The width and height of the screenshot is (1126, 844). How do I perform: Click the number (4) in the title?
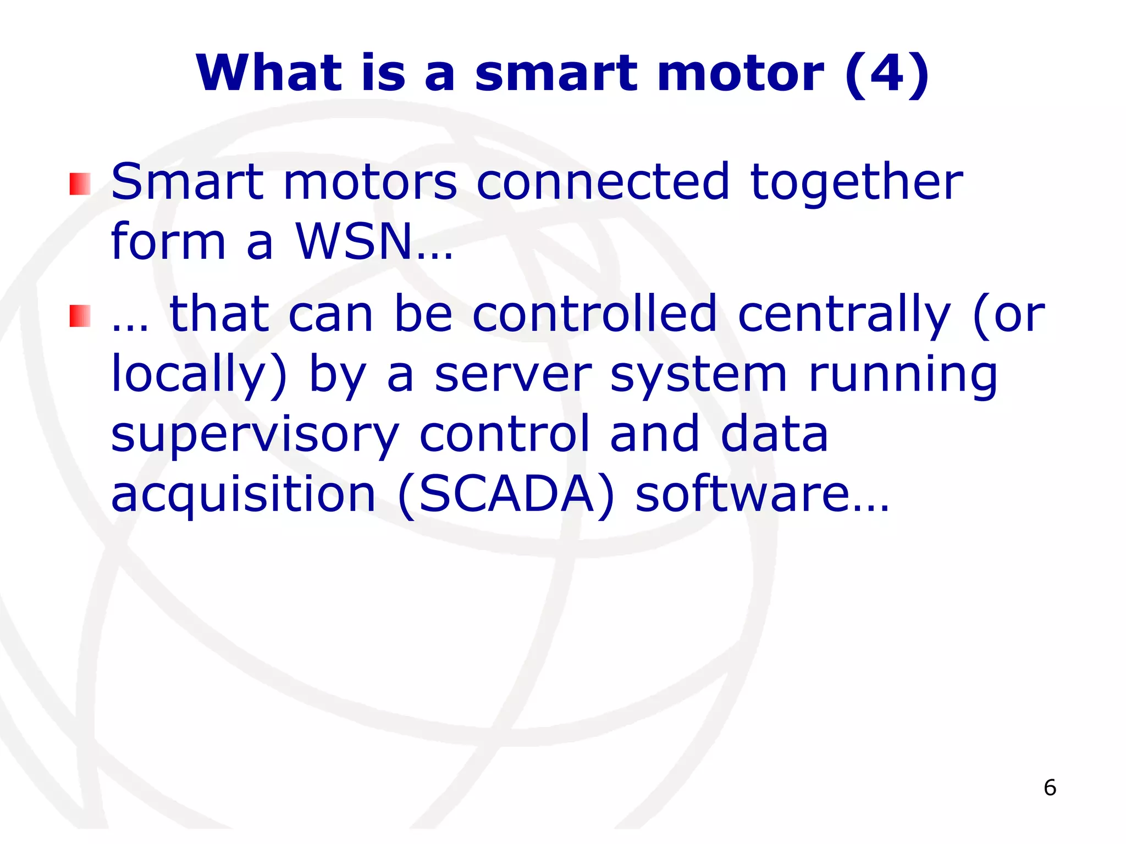tap(887, 74)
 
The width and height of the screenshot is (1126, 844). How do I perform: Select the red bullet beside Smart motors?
tap(80, 184)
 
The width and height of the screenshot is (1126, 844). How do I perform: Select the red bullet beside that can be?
tap(80, 316)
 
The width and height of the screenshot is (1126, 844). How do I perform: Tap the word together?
tap(857, 182)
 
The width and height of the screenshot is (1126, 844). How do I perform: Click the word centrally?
tap(844, 314)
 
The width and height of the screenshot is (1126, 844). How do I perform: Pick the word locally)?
tap(198, 375)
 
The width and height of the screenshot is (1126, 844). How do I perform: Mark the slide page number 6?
tap(1050, 788)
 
